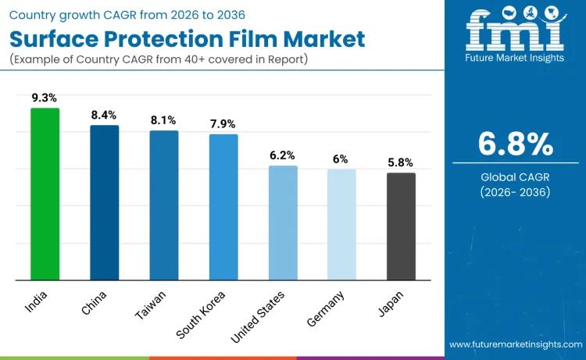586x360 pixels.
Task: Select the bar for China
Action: (104, 202)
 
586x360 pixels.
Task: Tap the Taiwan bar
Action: (164, 205)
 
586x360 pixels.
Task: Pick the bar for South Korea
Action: (223, 207)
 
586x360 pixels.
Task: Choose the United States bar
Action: (283, 223)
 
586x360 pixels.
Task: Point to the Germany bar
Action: (342, 224)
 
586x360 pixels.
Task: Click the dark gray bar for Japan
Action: (402, 226)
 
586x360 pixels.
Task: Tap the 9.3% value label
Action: (45, 98)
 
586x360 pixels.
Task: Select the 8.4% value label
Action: (104, 116)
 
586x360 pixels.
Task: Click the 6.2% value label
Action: (283, 155)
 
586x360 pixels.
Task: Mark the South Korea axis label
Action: (202, 314)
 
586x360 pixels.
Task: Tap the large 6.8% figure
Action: (516, 144)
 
